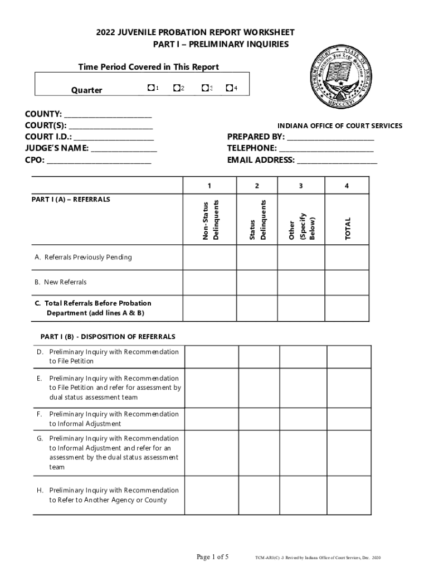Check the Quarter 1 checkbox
coord(150,88)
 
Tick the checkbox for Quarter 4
coord(229,88)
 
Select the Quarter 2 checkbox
coord(176,88)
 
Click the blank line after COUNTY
coord(108,115)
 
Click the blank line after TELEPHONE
coord(326,149)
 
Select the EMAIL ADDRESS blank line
coord(337,161)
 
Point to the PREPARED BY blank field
coord(330,137)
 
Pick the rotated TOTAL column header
coord(348,229)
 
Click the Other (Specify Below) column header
coord(301,226)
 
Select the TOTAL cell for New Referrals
coord(347,282)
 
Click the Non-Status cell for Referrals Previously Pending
coord(210,258)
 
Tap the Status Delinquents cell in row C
coord(257,308)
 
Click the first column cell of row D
coord(212,357)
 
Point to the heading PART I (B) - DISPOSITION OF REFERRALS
coord(108,337)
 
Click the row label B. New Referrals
coord(61,282)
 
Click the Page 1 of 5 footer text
coord(213,557)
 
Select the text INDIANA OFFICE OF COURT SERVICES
coord(340,126)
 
